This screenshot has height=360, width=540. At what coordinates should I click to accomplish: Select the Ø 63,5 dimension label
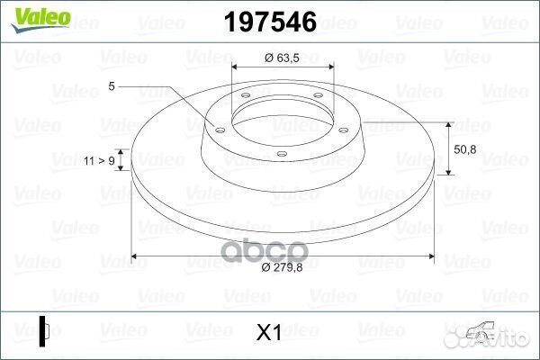(282, 58)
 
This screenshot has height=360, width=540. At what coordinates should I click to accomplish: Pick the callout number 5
(112, 86)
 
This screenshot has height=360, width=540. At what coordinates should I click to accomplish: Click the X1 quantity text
(269, 333)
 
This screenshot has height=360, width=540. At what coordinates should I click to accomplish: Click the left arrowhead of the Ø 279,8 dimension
(135, 256)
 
